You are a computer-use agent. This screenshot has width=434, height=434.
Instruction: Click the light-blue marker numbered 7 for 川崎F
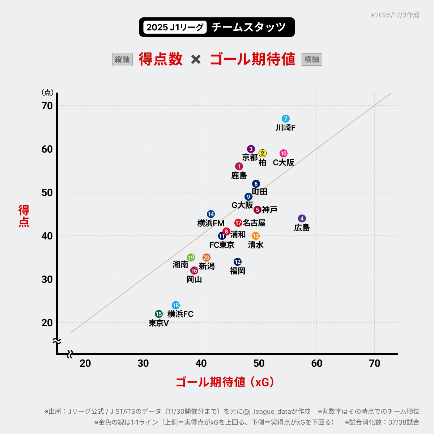click(x=286, y=119)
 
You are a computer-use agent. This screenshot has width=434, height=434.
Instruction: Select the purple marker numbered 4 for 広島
click(x=302, y=218)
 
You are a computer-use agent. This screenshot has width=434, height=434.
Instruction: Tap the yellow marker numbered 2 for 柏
click(x=263, y=153)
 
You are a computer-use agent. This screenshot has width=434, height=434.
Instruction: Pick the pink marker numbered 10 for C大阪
click(x=284, y=153)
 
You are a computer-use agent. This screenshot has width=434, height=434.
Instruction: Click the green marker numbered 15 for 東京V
click(x=159, y=314)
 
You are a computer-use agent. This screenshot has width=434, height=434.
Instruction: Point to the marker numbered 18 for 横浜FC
click(x=176, y=305)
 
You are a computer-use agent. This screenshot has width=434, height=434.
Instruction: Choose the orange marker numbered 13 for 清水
click(x=256, y=236)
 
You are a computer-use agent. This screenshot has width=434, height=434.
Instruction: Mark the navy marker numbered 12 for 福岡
click(x=238, y=262)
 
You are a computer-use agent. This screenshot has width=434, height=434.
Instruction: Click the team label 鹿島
click(x=239, y=175)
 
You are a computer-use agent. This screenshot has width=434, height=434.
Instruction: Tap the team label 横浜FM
click(x=211, y=223)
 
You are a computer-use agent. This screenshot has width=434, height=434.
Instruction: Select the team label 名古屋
click(x=254, y=223)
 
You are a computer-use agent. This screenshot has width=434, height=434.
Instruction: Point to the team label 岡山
click(x=194, y=279)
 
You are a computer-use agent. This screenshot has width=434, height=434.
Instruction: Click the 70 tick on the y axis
click(x=47, y=106)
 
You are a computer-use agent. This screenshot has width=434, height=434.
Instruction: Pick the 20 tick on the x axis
click(x=85, y=363)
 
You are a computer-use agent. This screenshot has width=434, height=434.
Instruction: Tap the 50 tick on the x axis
click(x=259, y=363)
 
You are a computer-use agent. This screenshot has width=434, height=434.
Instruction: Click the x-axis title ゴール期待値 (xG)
click(x=225, y=382)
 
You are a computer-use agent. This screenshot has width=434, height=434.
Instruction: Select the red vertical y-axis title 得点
click(x=24, y=216)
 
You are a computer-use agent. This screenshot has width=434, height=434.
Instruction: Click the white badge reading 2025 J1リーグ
click(x=175, y=27)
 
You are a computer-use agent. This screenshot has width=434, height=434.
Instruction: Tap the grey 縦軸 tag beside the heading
click(x=122, y=59)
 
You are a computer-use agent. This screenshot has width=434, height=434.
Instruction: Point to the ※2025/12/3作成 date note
click(x=395, y=15)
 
